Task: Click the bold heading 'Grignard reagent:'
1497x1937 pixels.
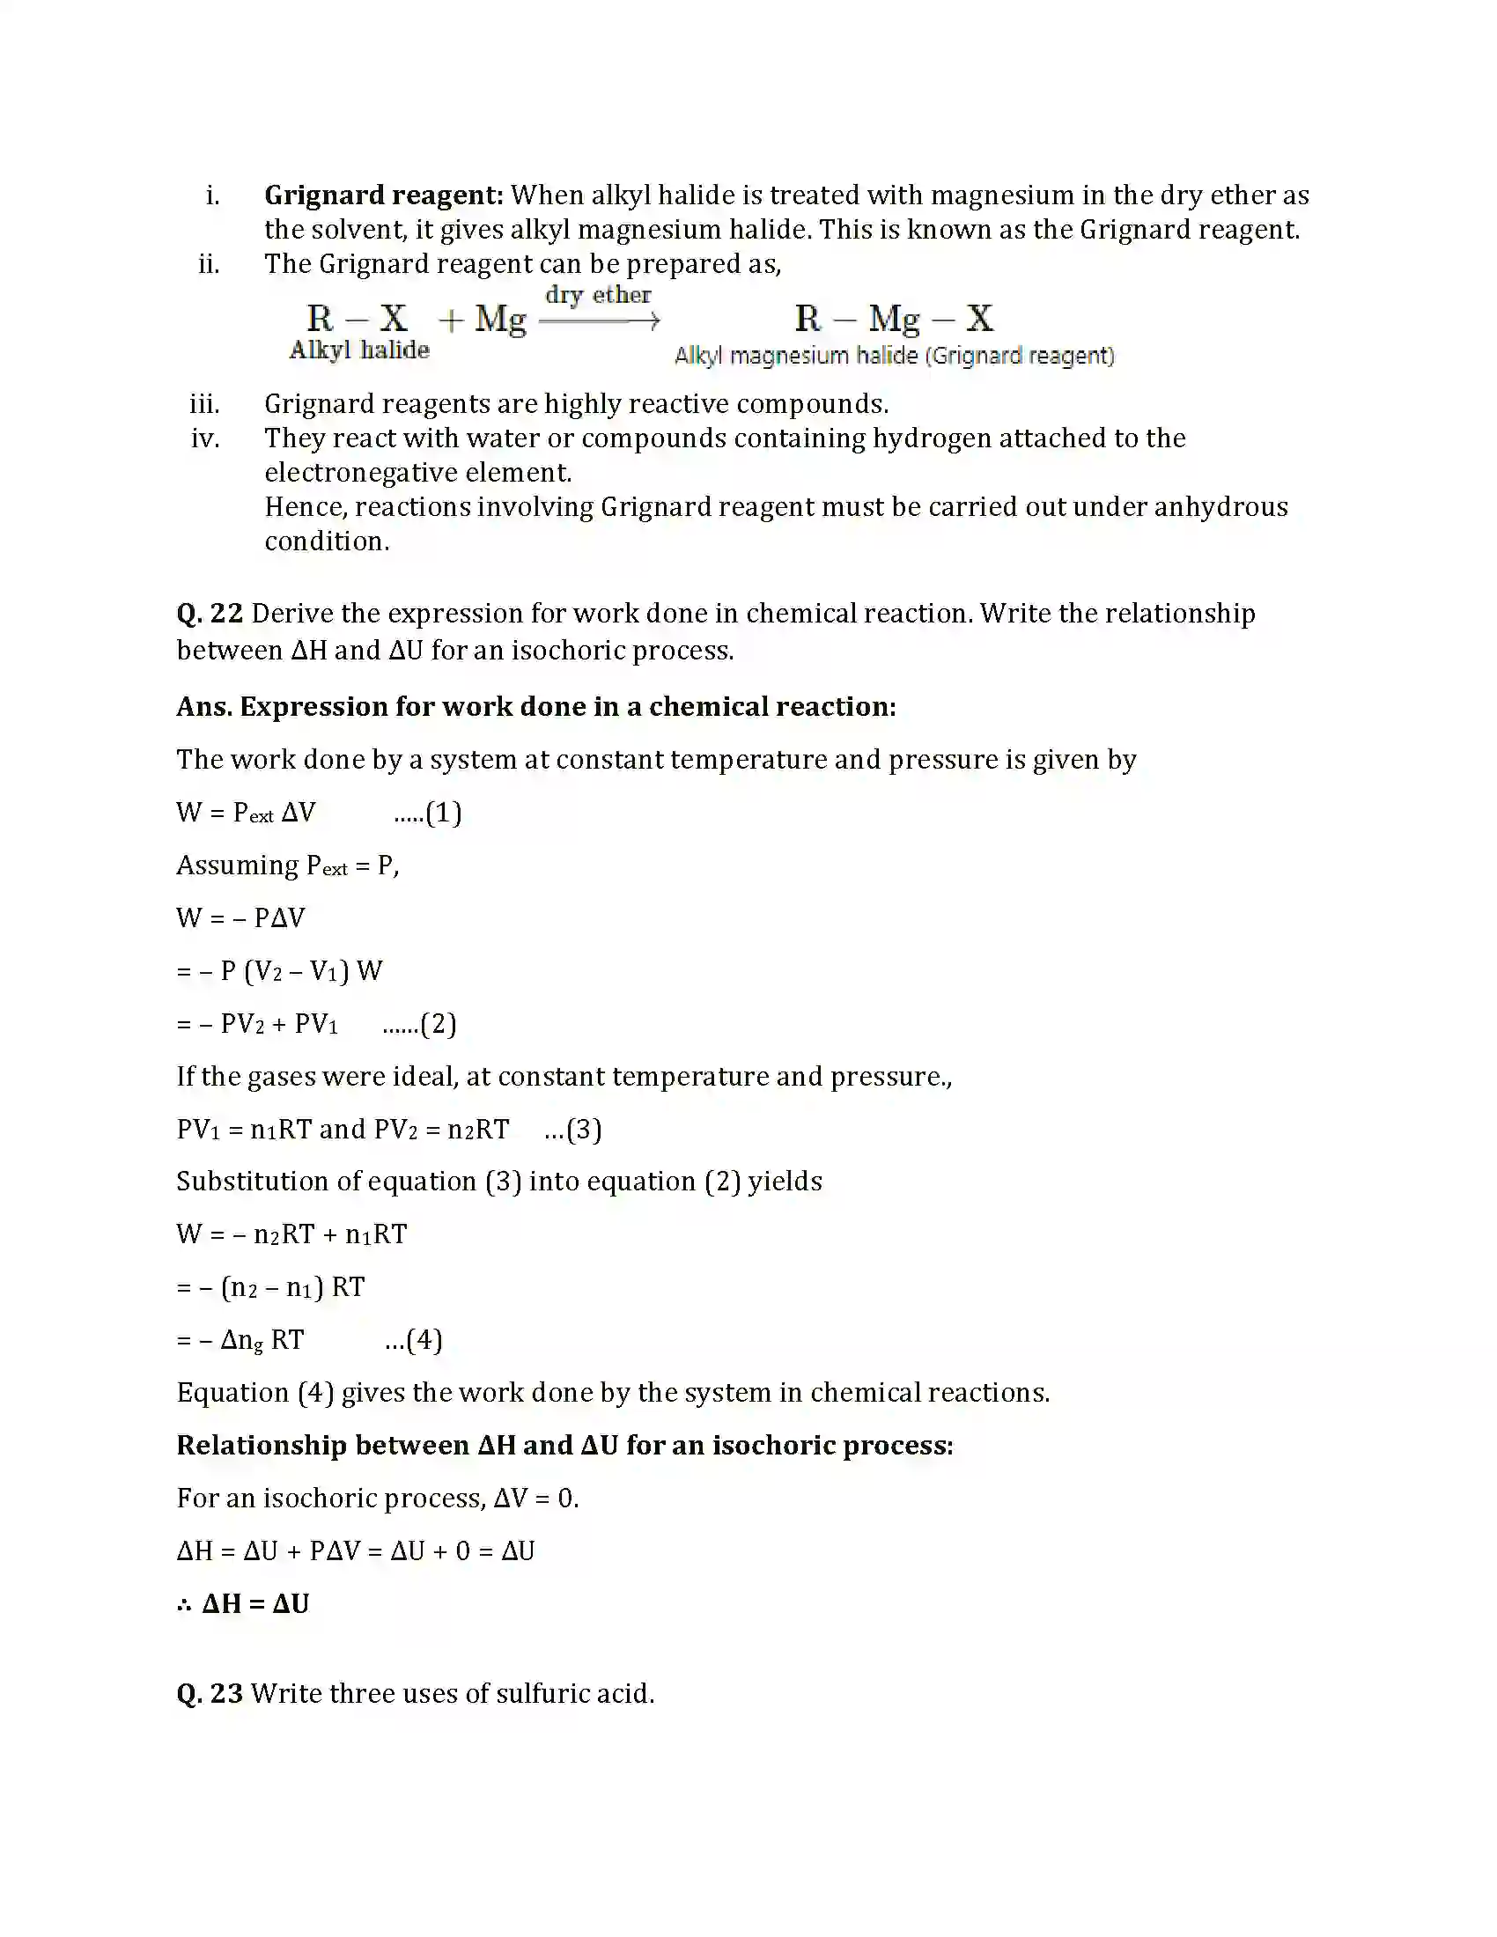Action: [x=383, y=195]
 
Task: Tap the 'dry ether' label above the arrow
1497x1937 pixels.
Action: [x=598, y=294]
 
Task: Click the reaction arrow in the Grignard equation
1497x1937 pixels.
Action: [x=600, y=321]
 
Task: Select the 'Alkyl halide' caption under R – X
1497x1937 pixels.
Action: [x=359, y=350]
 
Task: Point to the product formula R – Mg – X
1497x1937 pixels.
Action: [x=893, y=318]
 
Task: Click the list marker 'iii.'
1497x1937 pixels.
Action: [x=205, y=404]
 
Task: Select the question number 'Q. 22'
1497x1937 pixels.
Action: [x=210, y=614]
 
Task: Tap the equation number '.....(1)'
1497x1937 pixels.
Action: [x=427, y=813]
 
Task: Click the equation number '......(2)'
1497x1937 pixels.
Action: [x=418, y=1024]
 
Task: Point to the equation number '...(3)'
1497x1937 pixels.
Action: [x=573, y=1129]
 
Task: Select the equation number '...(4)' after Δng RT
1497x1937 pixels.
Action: [x=413, y=1339]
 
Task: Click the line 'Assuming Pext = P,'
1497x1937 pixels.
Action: [x=287, y=865]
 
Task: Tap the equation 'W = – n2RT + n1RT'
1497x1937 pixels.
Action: [x=291, y=1234]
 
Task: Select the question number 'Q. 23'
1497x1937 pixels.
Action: [x=210, y=1694]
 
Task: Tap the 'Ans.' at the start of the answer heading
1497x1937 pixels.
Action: [x=204, y=707]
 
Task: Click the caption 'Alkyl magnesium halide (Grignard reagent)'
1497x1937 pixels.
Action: [x=893, y=357]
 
